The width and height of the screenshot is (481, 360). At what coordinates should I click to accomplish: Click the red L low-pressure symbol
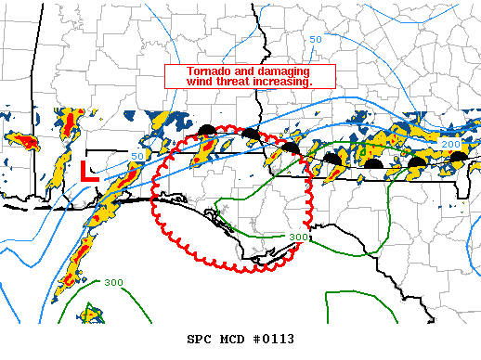(x=89, y=171)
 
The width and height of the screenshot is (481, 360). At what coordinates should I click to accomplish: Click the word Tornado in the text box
(x=209, y=71)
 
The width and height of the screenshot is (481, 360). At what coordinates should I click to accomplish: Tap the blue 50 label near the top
(x=316, y=40)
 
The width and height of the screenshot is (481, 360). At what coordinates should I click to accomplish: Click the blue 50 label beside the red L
(x=138, y=156)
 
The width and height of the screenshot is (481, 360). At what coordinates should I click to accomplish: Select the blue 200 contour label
(x=451, y=146)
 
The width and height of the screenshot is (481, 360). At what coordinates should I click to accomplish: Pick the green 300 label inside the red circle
(x=298, y=238)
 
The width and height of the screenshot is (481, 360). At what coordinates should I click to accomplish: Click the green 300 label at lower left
(x=113, y=283)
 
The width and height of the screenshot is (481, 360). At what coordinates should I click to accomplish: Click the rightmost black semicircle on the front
(x=458, y=159)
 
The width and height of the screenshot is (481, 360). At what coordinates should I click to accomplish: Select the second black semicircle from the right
(x=418, y=162)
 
